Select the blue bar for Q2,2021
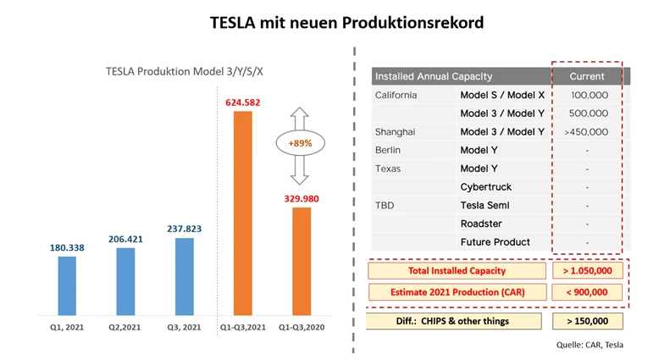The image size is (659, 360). tap(125, 281)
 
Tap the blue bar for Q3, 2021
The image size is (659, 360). tap(185, 277)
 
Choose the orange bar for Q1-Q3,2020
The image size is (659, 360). tap(302, 262)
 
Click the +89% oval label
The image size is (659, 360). tap(300, 143)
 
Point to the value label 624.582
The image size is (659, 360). tap(242, 102)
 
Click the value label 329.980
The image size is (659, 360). tap(302, 198)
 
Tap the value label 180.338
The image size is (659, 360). tap(67, 248)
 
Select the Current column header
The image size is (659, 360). tap(587, 76)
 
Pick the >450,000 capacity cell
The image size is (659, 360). tap(586, 131)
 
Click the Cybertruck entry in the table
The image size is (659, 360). tap(485, 186)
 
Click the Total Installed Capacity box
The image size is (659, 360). tap(457, 270)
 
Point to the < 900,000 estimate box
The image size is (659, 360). tap(586, 292)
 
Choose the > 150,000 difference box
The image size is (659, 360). tap(586, 321)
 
